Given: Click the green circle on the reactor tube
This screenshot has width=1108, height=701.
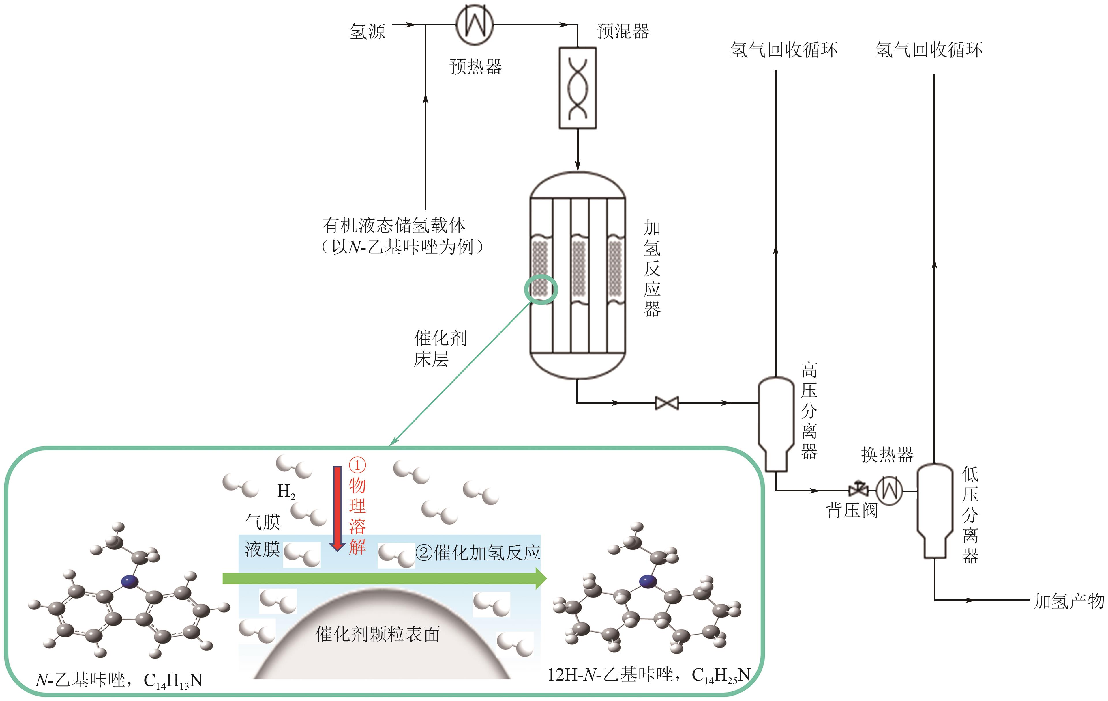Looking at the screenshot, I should point(541,289).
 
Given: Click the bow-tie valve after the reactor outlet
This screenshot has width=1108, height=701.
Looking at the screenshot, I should point(667,403).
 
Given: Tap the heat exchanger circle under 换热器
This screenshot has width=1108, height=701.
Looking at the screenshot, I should point(889,491).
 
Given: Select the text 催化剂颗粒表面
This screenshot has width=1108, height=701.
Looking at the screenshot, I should point(377,634).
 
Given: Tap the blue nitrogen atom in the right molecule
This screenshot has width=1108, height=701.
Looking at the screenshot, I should point(648,581).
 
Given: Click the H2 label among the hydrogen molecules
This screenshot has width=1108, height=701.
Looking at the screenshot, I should point(286,491).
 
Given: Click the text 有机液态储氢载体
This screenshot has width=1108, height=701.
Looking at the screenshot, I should point(394,225).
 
